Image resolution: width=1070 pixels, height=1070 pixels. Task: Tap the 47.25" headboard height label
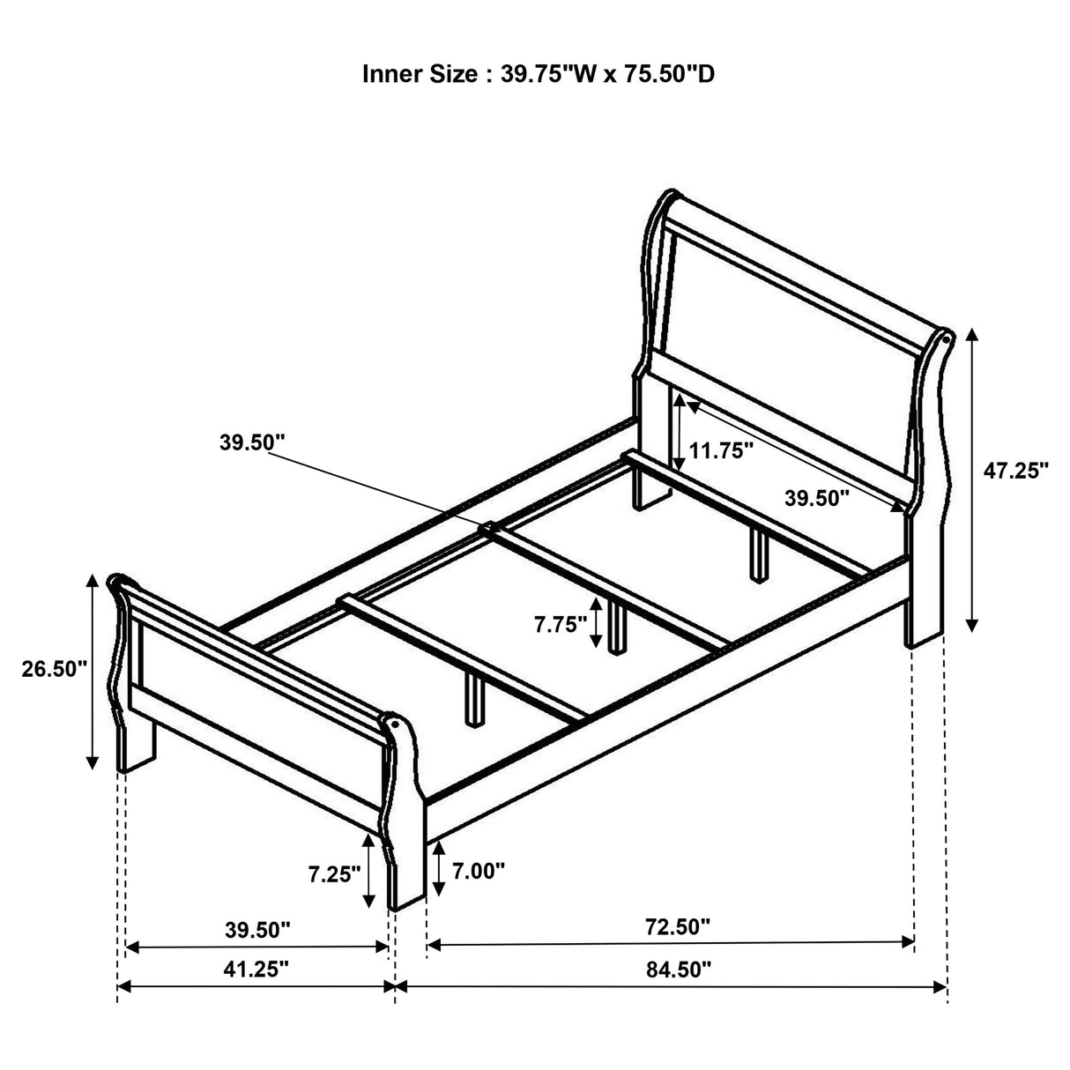(x=1015, y=471)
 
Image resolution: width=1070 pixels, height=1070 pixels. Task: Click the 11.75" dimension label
(x=721, y=451)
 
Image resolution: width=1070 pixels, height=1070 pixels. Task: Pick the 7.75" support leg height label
(x=560, y=625)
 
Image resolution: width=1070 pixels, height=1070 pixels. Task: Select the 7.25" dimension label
(x=334, y=874)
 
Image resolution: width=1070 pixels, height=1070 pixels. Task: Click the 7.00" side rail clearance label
(x=479, y=871)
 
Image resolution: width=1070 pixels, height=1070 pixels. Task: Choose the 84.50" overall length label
(x=678, y=970)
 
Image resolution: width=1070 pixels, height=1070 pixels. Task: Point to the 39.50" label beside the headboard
(x=816, y=498)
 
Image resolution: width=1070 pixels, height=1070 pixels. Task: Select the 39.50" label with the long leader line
(x=252, y=442)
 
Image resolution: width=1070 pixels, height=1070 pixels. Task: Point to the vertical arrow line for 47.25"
(x=971, y=479)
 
